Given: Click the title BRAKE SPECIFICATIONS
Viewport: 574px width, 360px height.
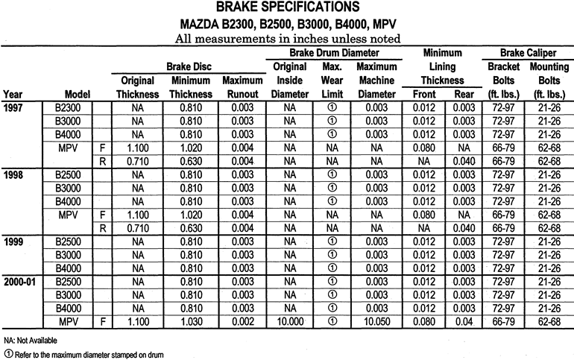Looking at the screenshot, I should pyautogui.click(x=286, y=8).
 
